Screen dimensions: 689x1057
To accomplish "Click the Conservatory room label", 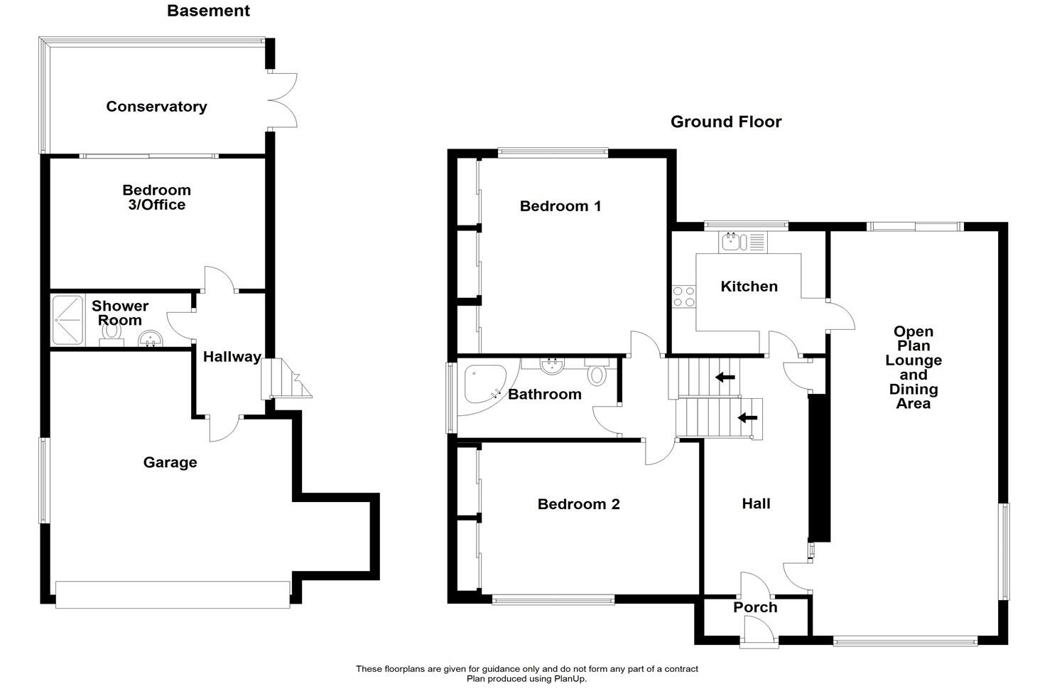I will (156, 107).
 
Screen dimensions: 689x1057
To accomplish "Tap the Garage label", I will (170, 463).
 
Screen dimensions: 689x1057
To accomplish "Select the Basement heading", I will (208, 11).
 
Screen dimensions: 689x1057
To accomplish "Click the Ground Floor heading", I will (725, 122).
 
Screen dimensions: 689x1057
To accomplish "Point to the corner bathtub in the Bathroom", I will (482, 387).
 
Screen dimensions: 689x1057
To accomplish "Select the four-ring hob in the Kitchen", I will (683, 297).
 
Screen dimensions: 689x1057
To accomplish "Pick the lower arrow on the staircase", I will (747, 417).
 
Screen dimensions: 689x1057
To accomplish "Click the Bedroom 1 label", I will (560, 206).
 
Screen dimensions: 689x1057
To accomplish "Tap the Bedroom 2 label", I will (578, 504).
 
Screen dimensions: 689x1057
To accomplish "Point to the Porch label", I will (755, 607).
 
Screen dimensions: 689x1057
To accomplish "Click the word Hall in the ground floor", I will (756, 503).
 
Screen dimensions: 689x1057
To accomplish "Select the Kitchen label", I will (749, 287).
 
